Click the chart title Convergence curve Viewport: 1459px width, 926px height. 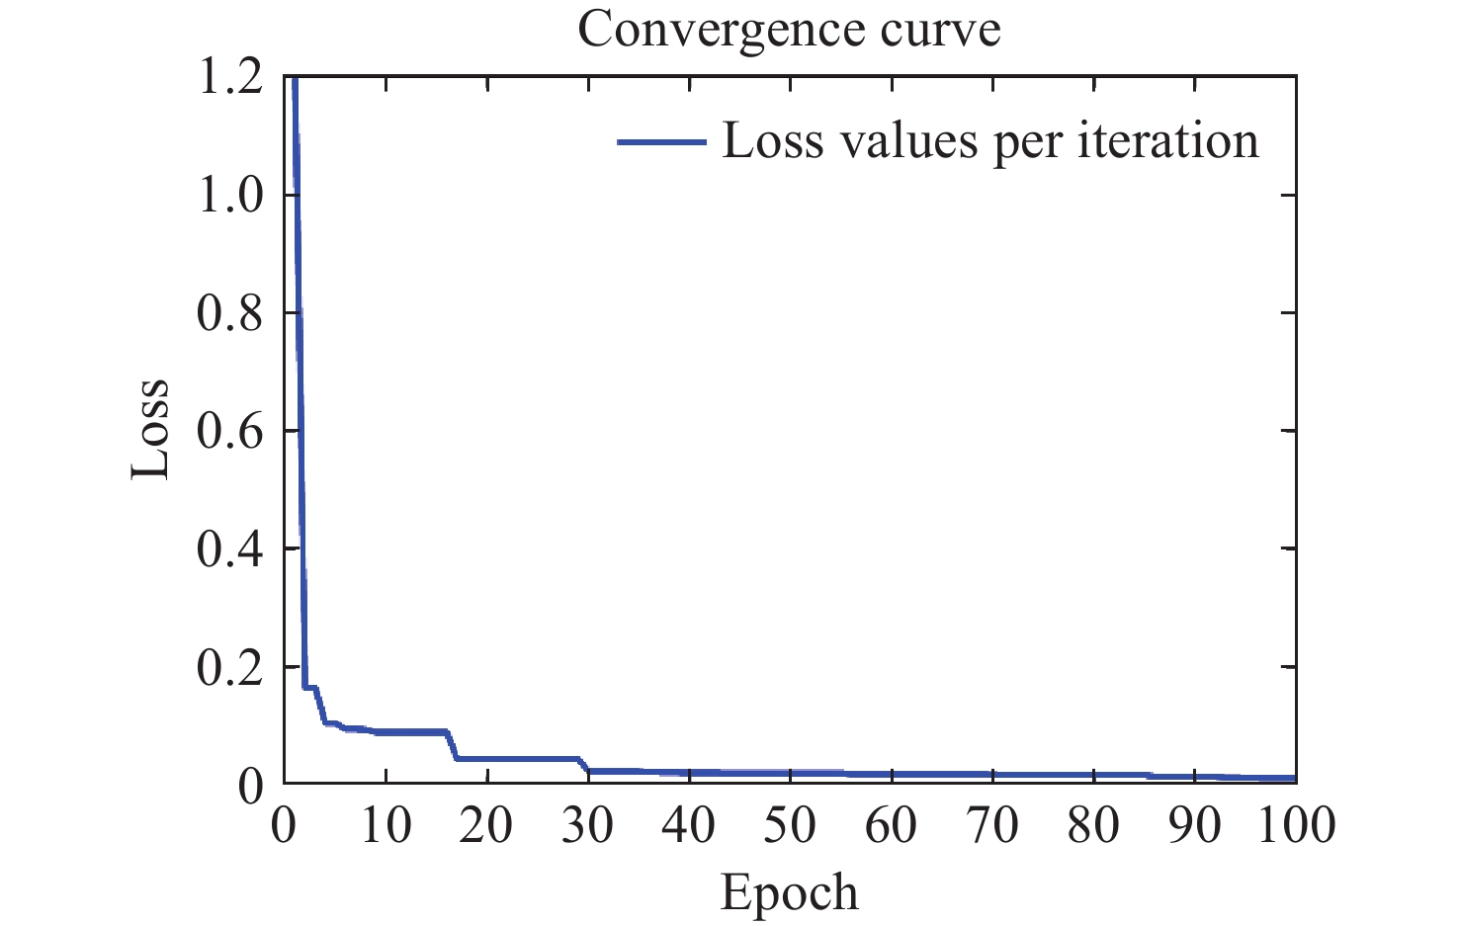pos(789,30)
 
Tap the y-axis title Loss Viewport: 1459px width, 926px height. pos(150,430)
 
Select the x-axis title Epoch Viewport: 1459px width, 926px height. pos(789,892)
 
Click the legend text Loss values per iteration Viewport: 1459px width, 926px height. pos(990,141)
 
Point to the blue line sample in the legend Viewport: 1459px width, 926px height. pos(661,142)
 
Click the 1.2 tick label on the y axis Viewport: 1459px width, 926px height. pos(229,77)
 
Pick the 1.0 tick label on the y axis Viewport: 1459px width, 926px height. pos(229,195)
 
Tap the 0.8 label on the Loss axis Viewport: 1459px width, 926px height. pos(229,312)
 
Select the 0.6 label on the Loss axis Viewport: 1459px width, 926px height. pos(229,431)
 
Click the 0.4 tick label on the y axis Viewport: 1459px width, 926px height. pos(229,548)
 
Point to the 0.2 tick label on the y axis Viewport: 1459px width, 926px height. pos(229,667)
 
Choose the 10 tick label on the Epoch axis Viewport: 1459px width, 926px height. pos(386,825)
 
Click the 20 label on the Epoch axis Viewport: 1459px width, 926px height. pos(486,825)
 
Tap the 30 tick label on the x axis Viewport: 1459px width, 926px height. pos(588,825)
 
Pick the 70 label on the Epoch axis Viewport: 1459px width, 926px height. pos(992,825)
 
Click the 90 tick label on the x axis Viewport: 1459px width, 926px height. pos(1195,825)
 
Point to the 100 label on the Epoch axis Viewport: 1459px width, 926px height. pos(1296,825)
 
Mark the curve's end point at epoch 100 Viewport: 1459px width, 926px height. pos(1294,778)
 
